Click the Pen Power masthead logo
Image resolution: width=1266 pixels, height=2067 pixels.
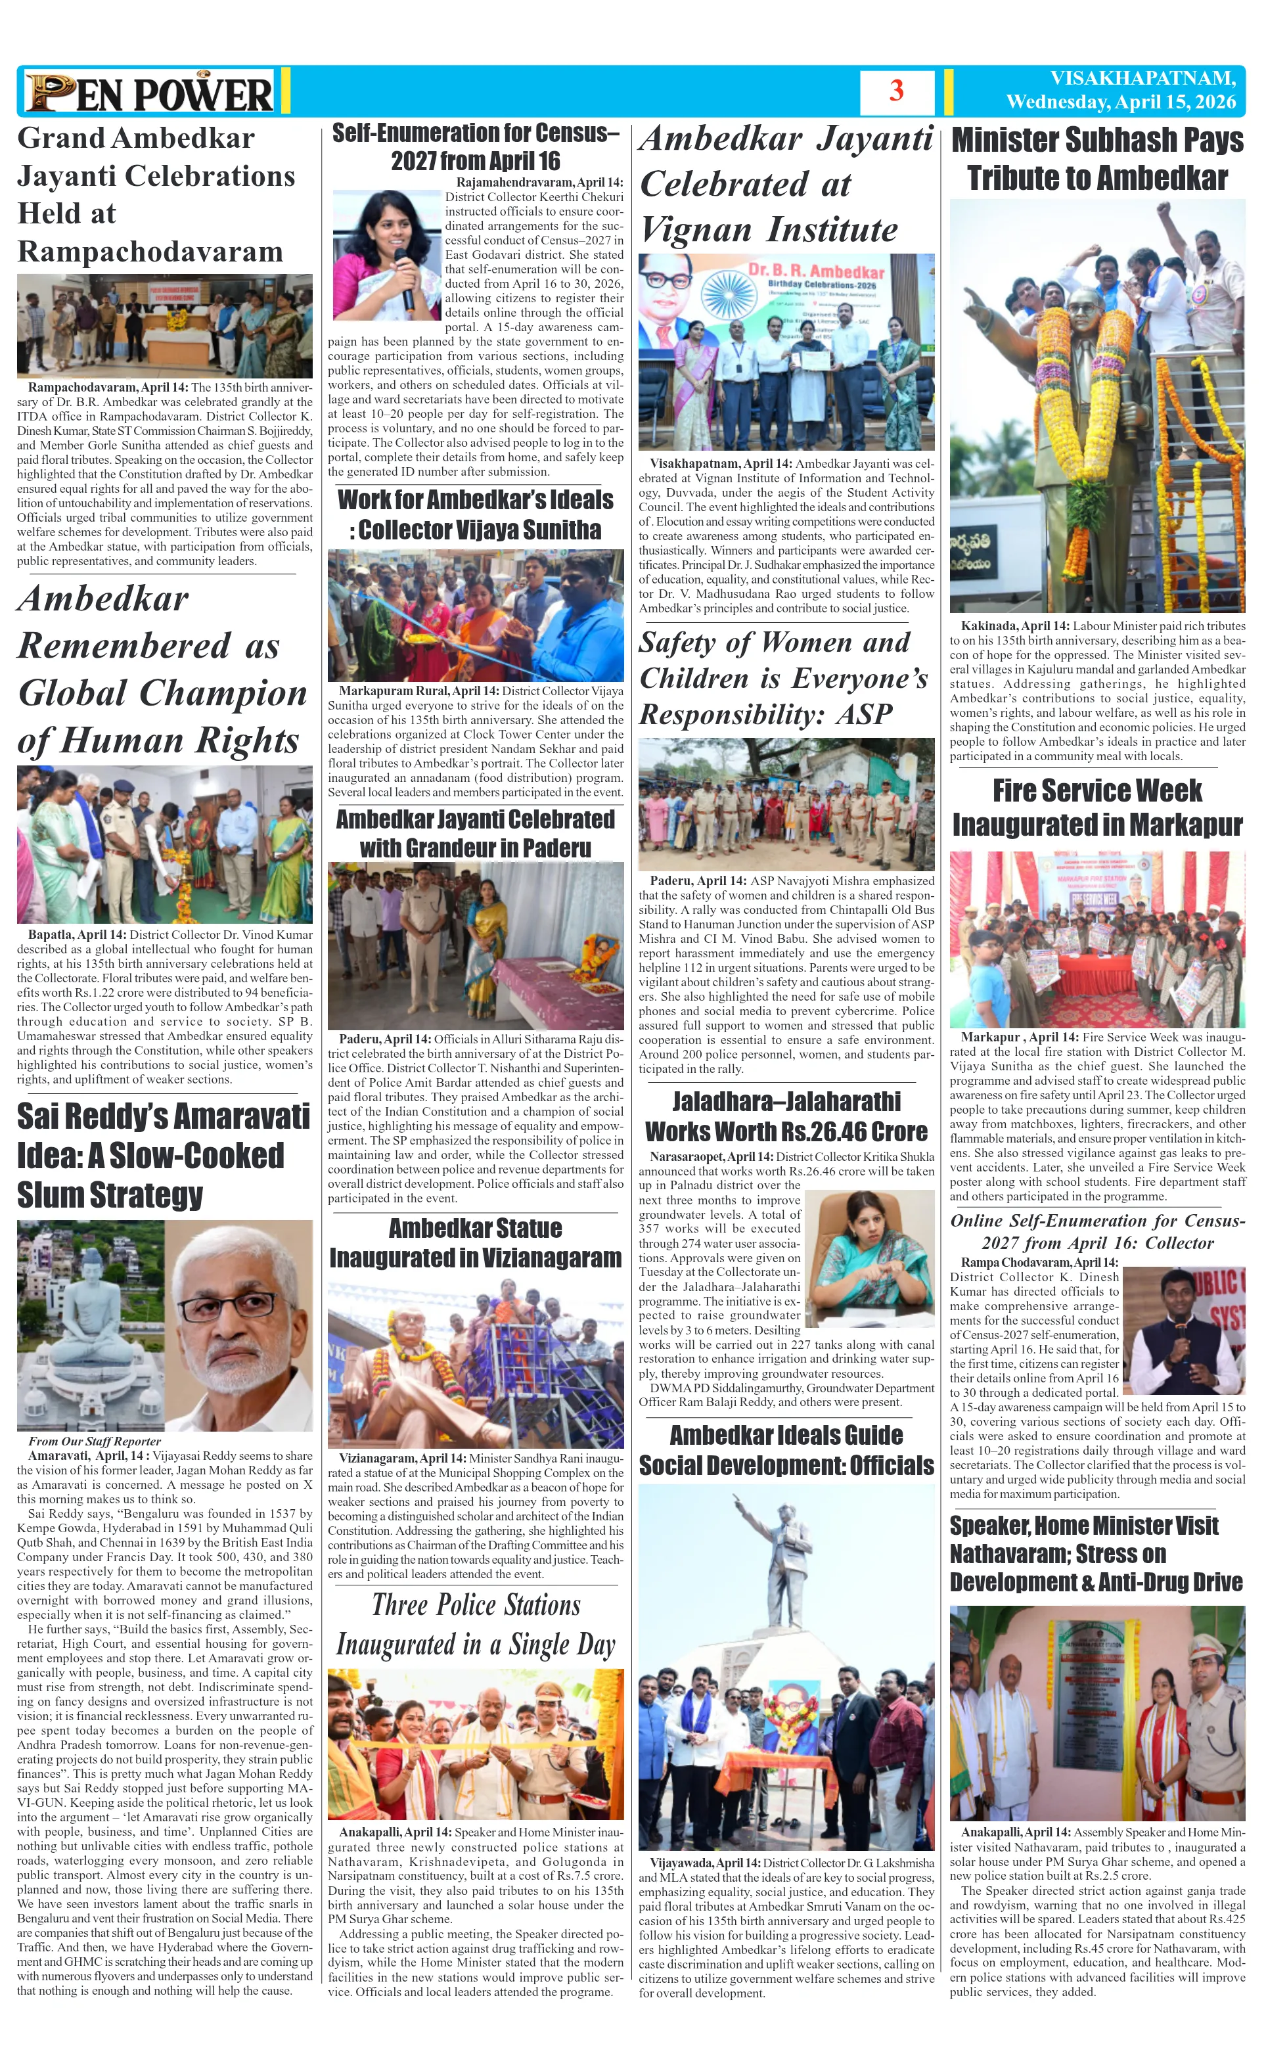click(149, 92)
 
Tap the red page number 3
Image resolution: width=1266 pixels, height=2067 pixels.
click(896, 91)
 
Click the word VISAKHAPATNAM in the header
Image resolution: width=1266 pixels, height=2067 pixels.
click(1142, 78)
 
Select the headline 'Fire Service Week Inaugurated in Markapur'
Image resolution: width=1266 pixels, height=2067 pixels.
click(1096, 807)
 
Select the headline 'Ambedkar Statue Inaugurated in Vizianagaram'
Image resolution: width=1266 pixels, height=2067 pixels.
click(475, 1243)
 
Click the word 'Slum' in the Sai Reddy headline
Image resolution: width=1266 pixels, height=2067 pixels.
click(51, 1194)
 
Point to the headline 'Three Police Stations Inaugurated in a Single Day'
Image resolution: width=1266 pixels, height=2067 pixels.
click(475, 1624)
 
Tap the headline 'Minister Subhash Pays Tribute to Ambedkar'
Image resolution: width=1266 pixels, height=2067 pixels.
click(1096, 158)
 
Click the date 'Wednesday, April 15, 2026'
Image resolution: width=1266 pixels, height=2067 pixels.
click(1121, 102)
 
